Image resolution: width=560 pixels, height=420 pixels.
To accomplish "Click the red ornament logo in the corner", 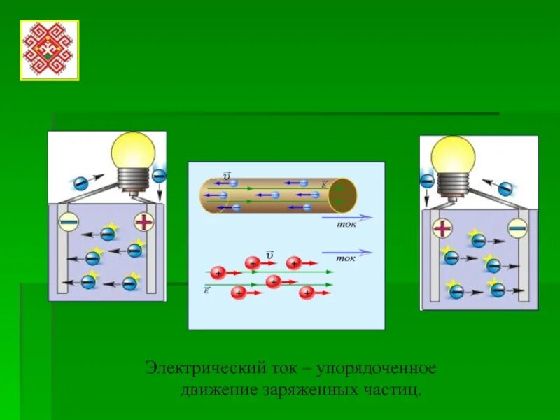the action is tap(49, 50).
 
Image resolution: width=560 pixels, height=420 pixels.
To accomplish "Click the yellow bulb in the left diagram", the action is tap(133, 150).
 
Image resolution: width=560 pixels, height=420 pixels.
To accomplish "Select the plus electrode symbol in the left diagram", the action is tap(143, 223).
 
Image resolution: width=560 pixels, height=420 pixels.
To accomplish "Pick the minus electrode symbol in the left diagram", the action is tap(68, 223).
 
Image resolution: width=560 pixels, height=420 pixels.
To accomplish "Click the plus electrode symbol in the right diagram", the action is tap(442, 227).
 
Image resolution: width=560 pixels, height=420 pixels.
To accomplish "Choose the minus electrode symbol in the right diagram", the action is tap(517, 227).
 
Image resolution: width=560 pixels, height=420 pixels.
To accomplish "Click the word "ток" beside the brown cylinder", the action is tap(347, 225).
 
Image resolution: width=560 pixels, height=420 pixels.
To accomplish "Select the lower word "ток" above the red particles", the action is tap(346, 258).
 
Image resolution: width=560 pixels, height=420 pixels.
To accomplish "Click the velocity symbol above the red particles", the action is tap(269, 255).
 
